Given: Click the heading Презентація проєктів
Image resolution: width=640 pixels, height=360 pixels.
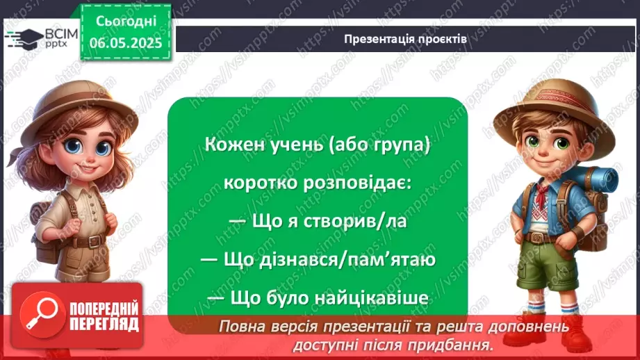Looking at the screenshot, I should tap(405, 39).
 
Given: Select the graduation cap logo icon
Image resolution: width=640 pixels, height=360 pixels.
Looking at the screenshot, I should tap(21, 38).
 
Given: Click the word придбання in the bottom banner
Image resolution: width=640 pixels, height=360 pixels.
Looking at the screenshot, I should tap(460, 344).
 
